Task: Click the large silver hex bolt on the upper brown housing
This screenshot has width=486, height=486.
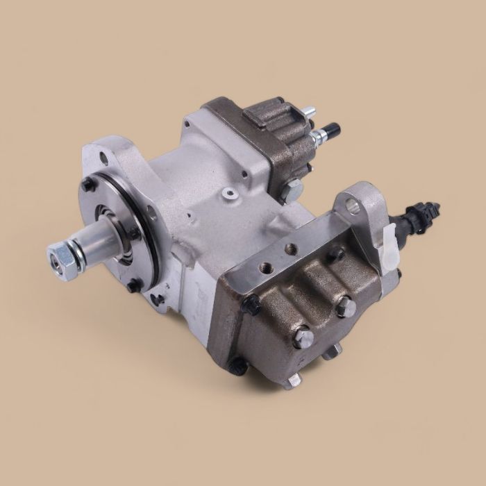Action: tap(292, 187)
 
